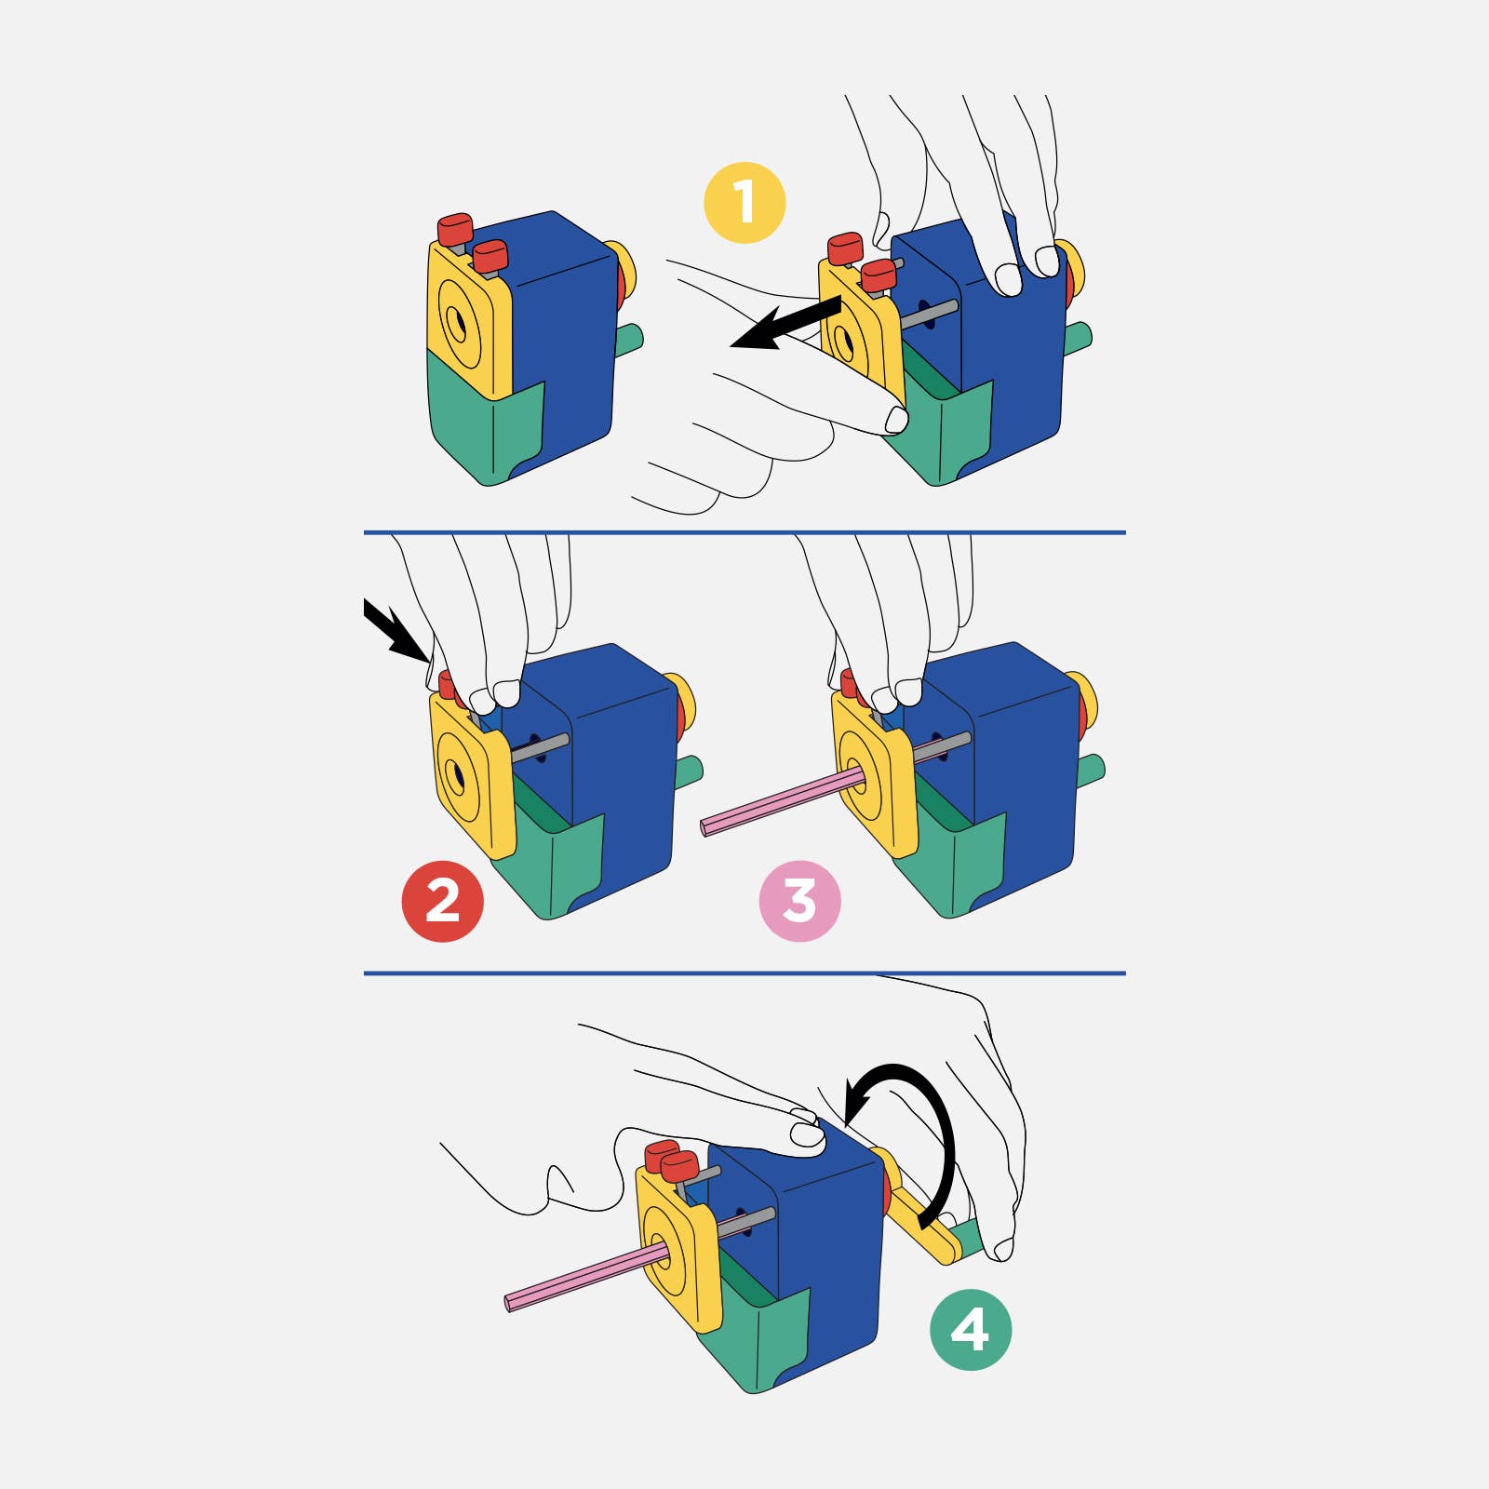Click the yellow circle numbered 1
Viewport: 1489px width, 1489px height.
coord(744,203)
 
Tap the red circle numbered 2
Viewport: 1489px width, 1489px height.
coord(442,901)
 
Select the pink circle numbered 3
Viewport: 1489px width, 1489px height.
coord(799,901)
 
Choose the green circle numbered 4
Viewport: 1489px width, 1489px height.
coord(971,1329)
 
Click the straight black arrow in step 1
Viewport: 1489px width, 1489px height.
coord(786,323)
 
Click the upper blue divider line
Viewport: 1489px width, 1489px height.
coord(744,532)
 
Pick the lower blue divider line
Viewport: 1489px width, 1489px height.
coord(744,973)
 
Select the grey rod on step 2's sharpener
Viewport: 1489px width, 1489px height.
coord(540,747)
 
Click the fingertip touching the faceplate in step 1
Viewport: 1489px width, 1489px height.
coord(896,420)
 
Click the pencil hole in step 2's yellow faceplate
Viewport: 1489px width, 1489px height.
coord(457,774)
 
